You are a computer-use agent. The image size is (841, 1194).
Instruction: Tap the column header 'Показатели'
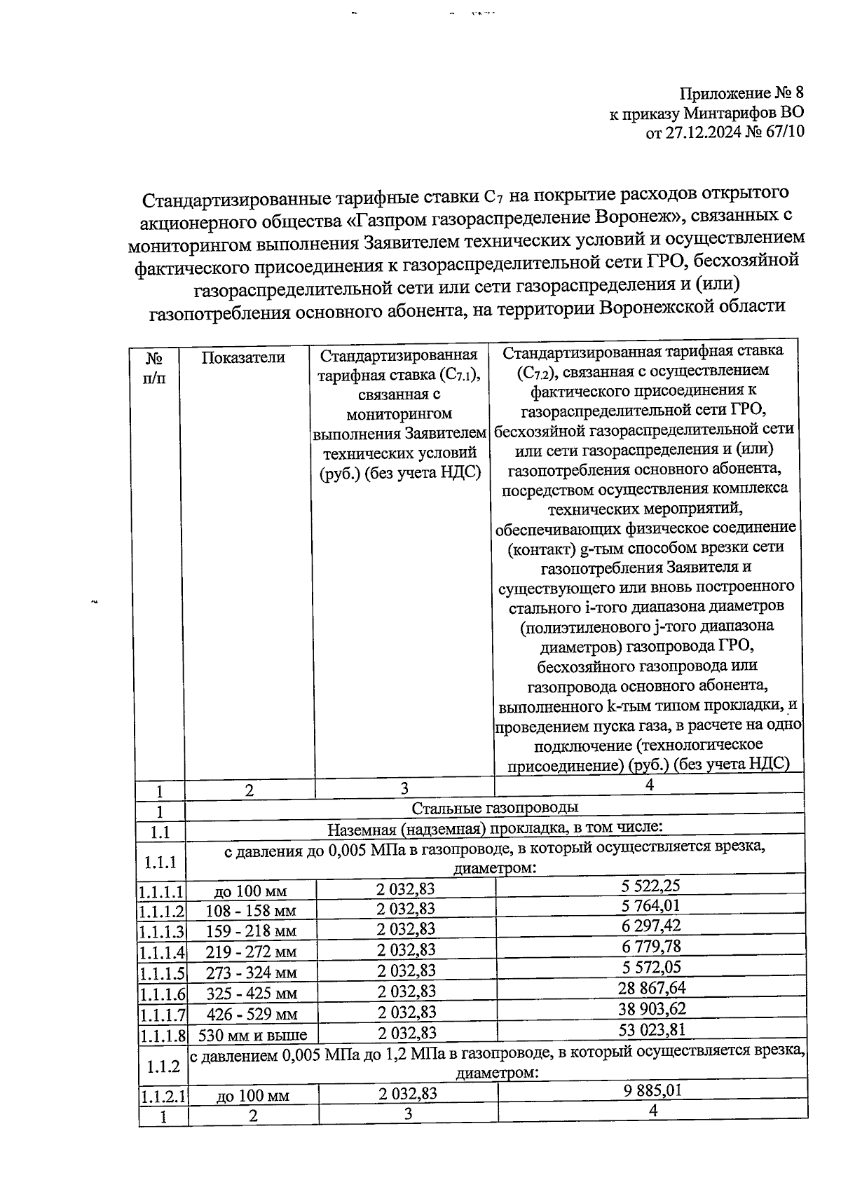pyautogui.click(x=243, y=357)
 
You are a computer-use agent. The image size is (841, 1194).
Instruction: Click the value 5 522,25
pyautogui.click(x=650, y=885)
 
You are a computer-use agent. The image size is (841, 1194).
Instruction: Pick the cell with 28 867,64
pyautogui.click(x=650, y=988)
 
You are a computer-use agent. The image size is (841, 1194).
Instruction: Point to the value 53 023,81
pyautogui.click(x=650, y=1029)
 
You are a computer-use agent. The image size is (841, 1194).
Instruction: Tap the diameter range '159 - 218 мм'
pyautogui.click(x=251, y=932)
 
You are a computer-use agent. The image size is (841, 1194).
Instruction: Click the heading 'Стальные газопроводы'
pyautogui.click(x=494, y=808)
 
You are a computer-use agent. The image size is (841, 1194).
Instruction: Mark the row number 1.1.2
pyautogui.click(x=163, y=1067)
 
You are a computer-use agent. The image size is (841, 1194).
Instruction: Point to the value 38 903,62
pyautogui.click(x=650, y=1009)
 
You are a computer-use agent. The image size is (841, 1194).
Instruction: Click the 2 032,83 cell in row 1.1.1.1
pyautogui.click(x=405, y=889)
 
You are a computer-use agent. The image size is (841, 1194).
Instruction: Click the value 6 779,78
pyautogui.click(x=650, y=947)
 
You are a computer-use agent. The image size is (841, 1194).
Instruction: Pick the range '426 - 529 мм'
pyautogui.click(x=251, y=1014)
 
